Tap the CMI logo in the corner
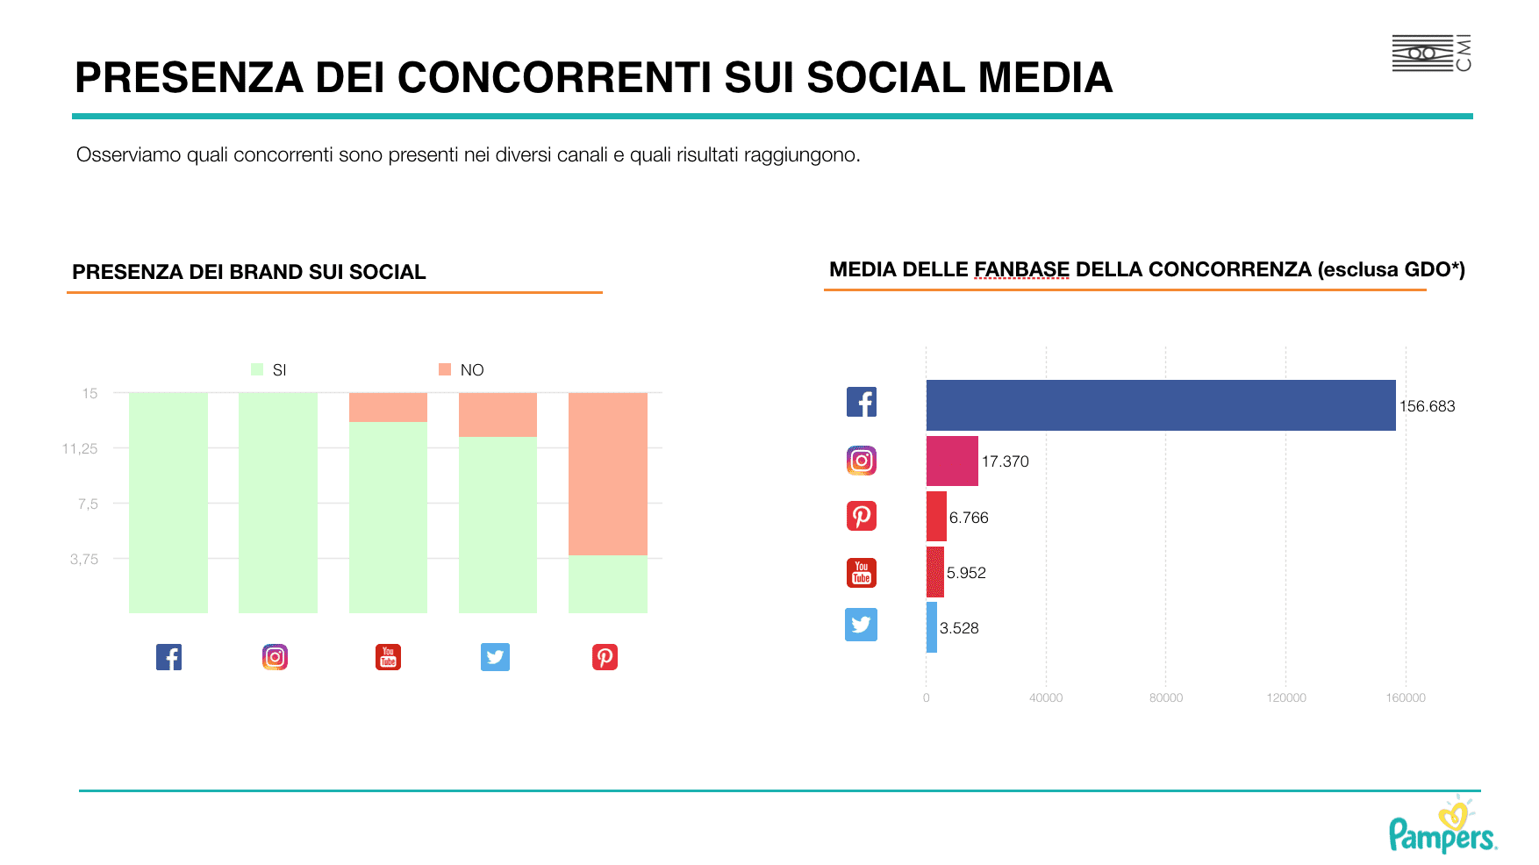[x=1431, y=54]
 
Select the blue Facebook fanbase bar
[x=1160, y=405]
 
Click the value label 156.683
[x=1427, y=406]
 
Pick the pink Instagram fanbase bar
[x=952, y=461]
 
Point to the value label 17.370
[x=1005, y=461]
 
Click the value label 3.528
[x=959, y=628]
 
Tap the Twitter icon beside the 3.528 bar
[x=861, y=625]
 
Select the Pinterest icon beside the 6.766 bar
[x=861, y=516]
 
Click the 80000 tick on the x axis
[x=1166, y=697]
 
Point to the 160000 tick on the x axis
[x=1406, y=697]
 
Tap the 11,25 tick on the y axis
[x=80, y=448]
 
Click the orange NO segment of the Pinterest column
[x=608, y=474]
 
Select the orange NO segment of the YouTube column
[x=388, y=407]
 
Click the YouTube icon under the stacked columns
[x=388, y=657]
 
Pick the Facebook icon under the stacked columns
[x=168, y=657]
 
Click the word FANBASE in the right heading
[x=1021, y=269]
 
